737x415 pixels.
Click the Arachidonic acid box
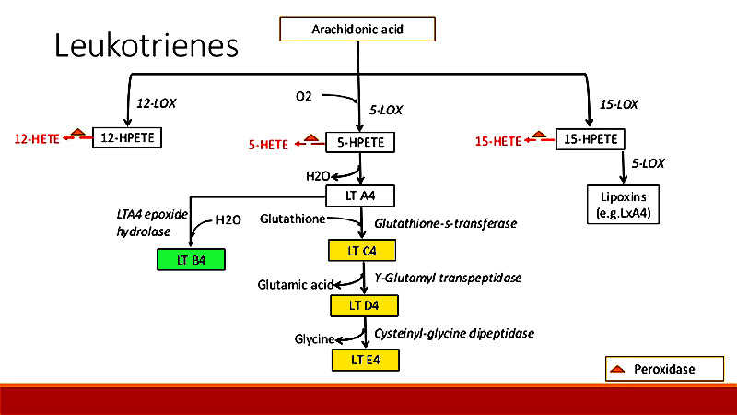click(x=357, y=29)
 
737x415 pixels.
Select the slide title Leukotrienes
click(x=146, y=45)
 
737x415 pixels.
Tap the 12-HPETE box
click(x=128, y=139)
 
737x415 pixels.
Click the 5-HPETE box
click(x=361, y=143)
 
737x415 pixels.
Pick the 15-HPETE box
click(x=591, y=139)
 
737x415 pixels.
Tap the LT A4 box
click(x=361, y=196)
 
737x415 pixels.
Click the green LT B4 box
click(x=191, y=260)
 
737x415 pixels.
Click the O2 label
click(x=304, y=96)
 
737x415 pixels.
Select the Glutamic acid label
click(x=295, y=284)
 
